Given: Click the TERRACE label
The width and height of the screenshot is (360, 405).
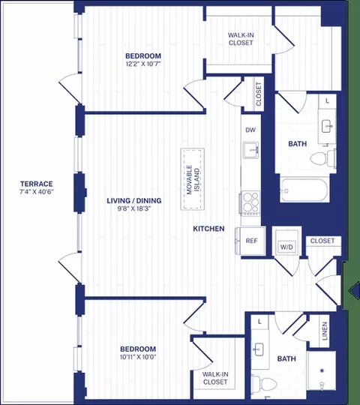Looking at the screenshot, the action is click(x=37, y=184).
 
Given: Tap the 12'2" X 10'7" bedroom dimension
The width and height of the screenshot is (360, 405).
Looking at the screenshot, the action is click(x=143, y=64).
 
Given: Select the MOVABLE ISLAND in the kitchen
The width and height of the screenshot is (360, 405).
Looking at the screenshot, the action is click(x=193, y=179).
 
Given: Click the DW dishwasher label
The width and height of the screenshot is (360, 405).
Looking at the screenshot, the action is click(x=250, y=130).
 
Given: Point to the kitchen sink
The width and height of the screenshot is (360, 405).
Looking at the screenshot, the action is click(x=251, y=150).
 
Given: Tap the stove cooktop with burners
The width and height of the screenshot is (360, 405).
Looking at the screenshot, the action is click(x=250, y=202).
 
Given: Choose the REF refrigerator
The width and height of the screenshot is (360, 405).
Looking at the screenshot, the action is click(x=250, y=241).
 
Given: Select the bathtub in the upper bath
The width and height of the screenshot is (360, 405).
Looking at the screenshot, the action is click(x=304, y=190).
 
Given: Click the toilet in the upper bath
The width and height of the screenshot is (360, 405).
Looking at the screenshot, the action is click(x=323, y=157).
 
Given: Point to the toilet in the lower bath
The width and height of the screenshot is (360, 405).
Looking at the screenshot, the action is click(x=264, y=384).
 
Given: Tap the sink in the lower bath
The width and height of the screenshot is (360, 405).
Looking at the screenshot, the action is click(x=258, y=349).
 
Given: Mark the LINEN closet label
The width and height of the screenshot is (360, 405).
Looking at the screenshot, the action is click(x=325, y=331).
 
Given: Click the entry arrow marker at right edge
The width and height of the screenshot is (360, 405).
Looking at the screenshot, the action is click(x=354, y=291).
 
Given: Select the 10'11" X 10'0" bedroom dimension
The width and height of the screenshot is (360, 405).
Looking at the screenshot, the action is click(x=138, y=357).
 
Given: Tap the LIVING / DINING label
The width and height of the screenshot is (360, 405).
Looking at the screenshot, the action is click(x=134, y=200).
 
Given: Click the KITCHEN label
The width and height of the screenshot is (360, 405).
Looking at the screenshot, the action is click(x=208, y=229).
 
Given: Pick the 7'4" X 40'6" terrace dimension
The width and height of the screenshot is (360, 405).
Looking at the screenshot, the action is click(x=37, y=192).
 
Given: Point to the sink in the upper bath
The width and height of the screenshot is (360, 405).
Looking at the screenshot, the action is click(x=328, y=126).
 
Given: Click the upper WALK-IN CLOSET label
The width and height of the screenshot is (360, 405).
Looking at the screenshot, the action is click(x=241, y=39).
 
